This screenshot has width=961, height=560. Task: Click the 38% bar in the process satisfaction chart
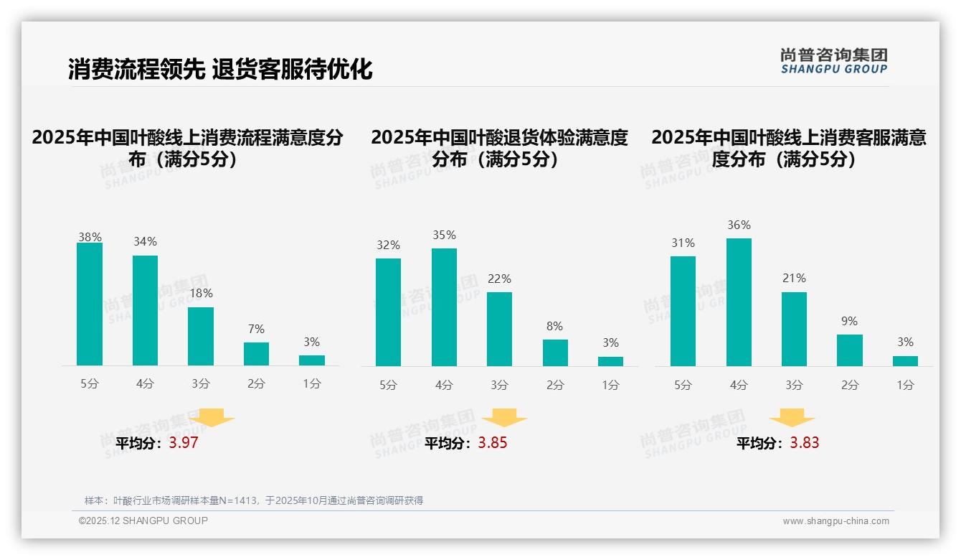point(90,304)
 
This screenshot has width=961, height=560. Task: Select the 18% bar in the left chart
point(201,337)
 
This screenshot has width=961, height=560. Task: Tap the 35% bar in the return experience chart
point(444,307)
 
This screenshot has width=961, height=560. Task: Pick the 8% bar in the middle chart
point(555,353)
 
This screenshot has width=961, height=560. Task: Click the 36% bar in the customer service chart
point(739,302)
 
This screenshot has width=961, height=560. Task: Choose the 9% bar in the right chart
point(850,350)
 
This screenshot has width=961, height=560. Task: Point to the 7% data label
point(256,330)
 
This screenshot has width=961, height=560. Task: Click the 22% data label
point(499,279)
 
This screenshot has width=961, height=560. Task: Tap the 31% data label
point(683,243)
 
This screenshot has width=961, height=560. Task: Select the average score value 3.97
point(184,443)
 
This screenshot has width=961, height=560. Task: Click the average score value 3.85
point(493,443)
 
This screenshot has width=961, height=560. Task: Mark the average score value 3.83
point(805,443)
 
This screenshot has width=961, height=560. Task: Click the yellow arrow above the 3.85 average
point(505,418)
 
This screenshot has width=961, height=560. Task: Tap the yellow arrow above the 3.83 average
point(792,418)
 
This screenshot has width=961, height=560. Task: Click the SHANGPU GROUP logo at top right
point(833,61)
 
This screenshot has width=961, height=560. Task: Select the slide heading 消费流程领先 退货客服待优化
point(220,69)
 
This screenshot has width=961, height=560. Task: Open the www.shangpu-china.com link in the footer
point(835,521)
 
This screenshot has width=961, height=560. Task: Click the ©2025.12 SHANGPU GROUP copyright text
point(143,521)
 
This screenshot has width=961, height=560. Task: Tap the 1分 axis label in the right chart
point(905,386)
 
